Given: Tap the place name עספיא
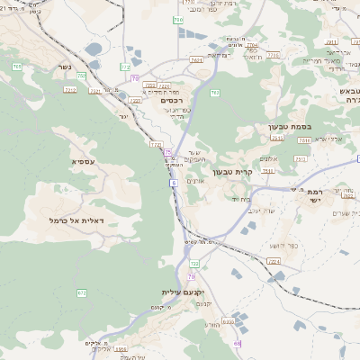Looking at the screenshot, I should click(58, 161).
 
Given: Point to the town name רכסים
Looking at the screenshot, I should click(170, 101).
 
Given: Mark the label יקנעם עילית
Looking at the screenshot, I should click(184, 292).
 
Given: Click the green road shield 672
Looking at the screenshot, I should click(82, 292).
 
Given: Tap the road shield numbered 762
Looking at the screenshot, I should click(215, 93).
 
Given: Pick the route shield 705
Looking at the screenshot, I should click(17, 67).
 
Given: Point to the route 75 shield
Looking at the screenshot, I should click(167, 152).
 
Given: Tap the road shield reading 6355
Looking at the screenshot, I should click(229, 320).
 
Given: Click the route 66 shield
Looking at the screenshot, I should click(237, 344).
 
